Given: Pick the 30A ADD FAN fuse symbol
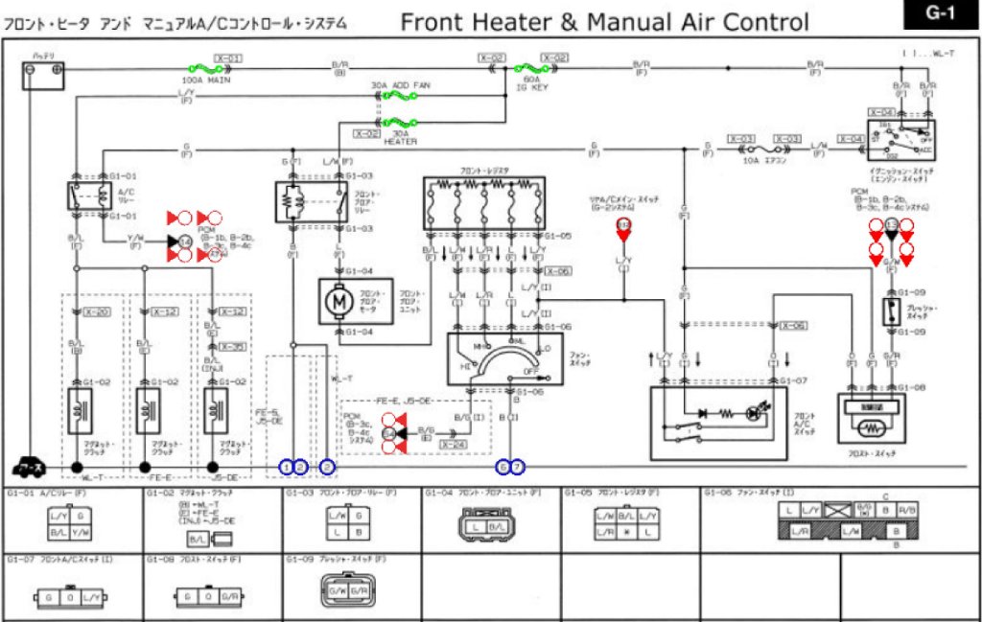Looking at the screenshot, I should (399, 97).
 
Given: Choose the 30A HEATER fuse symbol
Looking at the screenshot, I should (399, 123).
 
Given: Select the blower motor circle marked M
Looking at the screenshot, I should (338, 302).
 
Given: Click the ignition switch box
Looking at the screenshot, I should (901, 140).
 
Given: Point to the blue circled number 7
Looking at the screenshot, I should (519, 467).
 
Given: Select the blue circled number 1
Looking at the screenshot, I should (287, 467).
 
